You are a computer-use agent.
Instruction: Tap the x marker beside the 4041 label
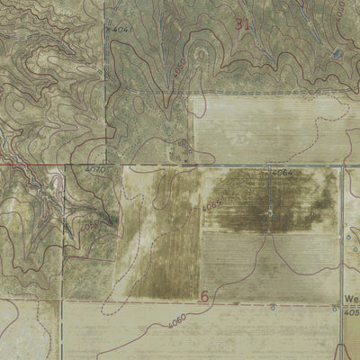[x=108, y=31]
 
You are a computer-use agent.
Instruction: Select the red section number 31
[x=241, y=24]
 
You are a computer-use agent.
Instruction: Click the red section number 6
[x=204, y=295]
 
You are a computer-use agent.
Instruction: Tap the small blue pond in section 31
[x=336, y=53]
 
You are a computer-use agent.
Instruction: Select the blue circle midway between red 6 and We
[x=274, y=308]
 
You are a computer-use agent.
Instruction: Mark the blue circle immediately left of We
[x=335, y=309]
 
